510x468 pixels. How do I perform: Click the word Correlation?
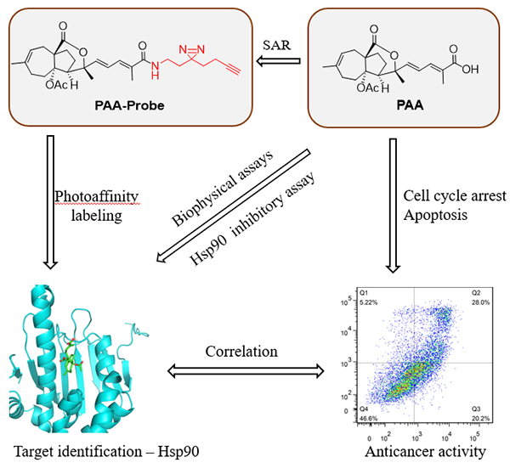pyautogui.click(x=241, y=350)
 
